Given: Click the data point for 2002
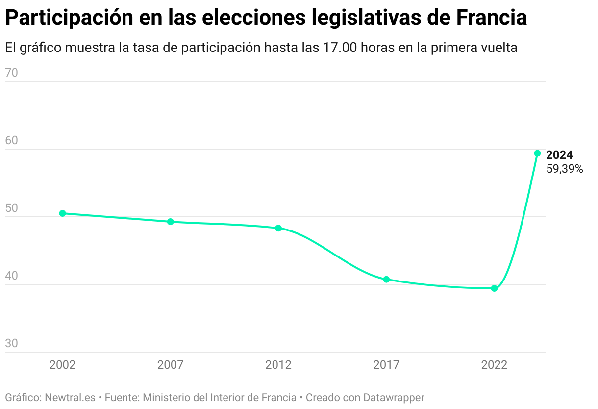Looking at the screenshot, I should pyautogui.click(x=62, y=213).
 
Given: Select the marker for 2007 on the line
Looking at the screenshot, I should pyautogui.click(x=171, y=222).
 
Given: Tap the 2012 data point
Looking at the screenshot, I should pyautogui.click(x=278, y=228).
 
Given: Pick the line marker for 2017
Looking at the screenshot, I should pyautogui.click(x=386, y=280).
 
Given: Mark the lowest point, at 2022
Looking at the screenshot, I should pyautogui.click(x=494, y=288).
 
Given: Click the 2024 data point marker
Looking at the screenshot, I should pyautogui.click(x=537, y=153).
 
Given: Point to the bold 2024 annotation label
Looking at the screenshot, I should pyautogui.click(x=559, y=155).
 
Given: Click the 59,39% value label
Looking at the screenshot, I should pyautogui.click(x=565, y=169).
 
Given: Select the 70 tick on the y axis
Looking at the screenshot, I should pyautogui.click(x=11, y=73).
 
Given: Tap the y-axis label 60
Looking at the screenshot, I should pyautogui.click(x=11, y=141).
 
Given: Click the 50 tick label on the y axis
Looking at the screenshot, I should pyautogui.click(x=11, y=208).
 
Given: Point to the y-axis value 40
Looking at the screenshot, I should pyautogui.click(x=11, y=276).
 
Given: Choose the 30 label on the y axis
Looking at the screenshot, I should pyautogui.click(x=11, y=344).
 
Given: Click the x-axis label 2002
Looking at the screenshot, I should pyautogui.click(x=62, y=365).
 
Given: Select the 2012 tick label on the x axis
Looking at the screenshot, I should pyautogui.click(x=278, y=365).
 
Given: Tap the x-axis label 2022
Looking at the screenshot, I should pyautogui.click(x=494, y=365).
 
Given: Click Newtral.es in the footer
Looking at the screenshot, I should pyautogui.click(x=70, y=397).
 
